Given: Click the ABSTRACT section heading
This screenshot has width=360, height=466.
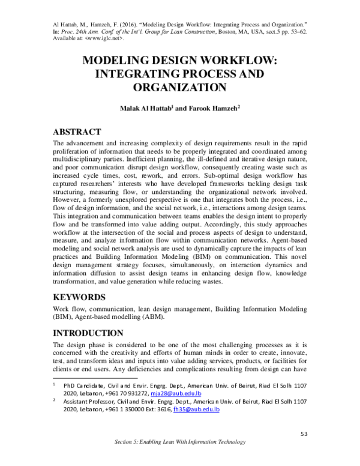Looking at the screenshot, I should tap(77, 132).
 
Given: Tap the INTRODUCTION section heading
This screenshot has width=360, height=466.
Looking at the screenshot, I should tap(89, 333).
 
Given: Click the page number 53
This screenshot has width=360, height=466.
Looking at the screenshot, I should tap(304, 434).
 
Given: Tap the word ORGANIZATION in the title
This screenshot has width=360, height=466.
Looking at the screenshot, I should tap(179, 86).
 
